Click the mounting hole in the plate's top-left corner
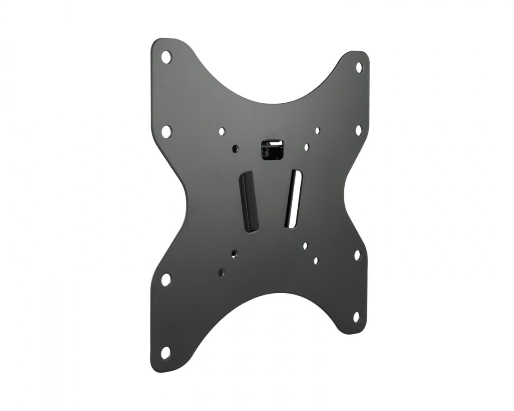166,56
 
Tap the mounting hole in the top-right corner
359,66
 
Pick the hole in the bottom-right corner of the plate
356,316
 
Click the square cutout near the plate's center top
273,149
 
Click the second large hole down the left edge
167,130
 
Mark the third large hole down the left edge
166,280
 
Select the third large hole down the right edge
357,255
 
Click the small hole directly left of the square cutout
234,148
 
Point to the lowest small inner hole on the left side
221,272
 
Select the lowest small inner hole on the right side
316,260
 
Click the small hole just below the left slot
234,253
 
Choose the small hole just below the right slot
305,246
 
